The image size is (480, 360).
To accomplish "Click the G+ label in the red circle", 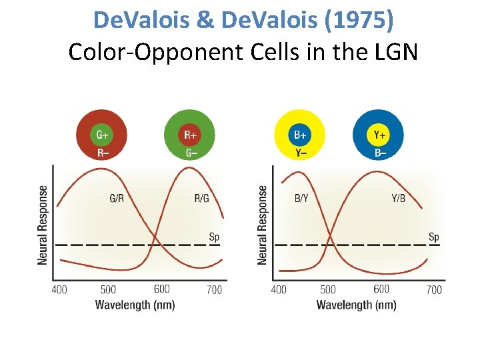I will click(103, 135).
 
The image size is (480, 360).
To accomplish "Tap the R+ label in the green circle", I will click(190, 135).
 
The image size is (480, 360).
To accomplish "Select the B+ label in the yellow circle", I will click(301, 135).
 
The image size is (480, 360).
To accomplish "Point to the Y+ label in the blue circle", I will click(379, 135).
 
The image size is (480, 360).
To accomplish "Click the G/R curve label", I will click(116, 198).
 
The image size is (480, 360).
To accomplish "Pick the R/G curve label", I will click(201, 198).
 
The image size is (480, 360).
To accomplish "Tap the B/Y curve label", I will click(301, 198).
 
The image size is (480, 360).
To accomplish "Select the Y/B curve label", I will click(398, 198).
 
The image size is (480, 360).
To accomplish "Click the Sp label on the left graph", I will click(214, 237).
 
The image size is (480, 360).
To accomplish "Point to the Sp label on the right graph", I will click(433, 237).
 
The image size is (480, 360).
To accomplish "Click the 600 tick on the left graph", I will click(161, 289).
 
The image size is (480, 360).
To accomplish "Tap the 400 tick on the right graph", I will click(279, 289).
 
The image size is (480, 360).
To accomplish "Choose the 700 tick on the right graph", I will click(433, 289).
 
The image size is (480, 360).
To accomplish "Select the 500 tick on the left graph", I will click(108, 289).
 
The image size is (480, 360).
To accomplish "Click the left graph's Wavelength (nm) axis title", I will click(135, 305).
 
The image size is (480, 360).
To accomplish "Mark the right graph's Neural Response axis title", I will click(263, 225).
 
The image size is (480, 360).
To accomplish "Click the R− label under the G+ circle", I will click(103, 153).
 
